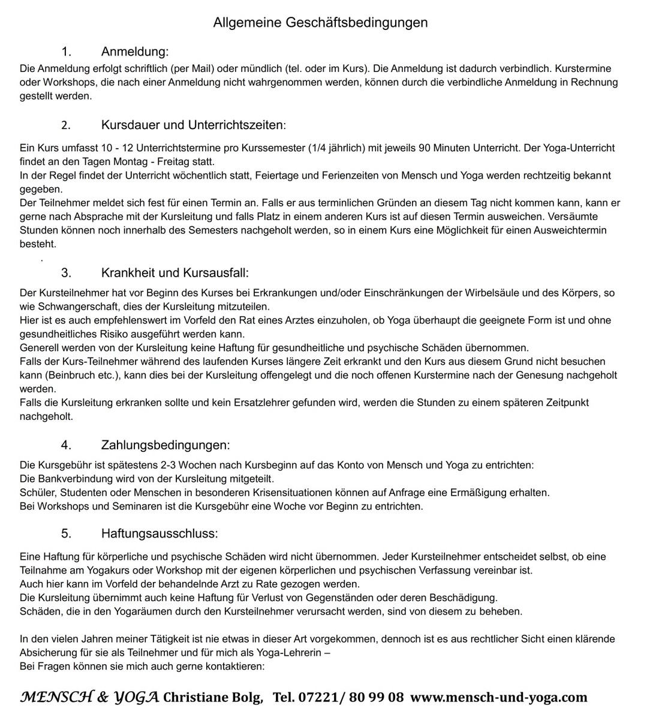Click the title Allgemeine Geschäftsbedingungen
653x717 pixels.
pyautogui.click(x=320, y=23)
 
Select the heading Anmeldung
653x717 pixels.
pyautogui.click(x=135, y=52)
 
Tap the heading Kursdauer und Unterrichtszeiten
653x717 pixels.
pyautogui.click(x=193, y=125)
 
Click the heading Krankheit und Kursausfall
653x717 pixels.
pyautogui.click(x=174, y=273)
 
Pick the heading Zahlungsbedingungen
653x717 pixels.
pyautogui.click(x=165, y=445)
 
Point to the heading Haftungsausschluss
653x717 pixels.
pyautogui.click(x=160, y=533)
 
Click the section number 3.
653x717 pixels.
pyautogui.click(x=66, y=273)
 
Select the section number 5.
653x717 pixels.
pyautogui.click(x=66, y=533)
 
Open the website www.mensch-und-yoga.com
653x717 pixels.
pyautogui.click(x=499, y=697)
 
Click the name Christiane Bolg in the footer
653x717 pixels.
pyautogui.click(x=212, y=697)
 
